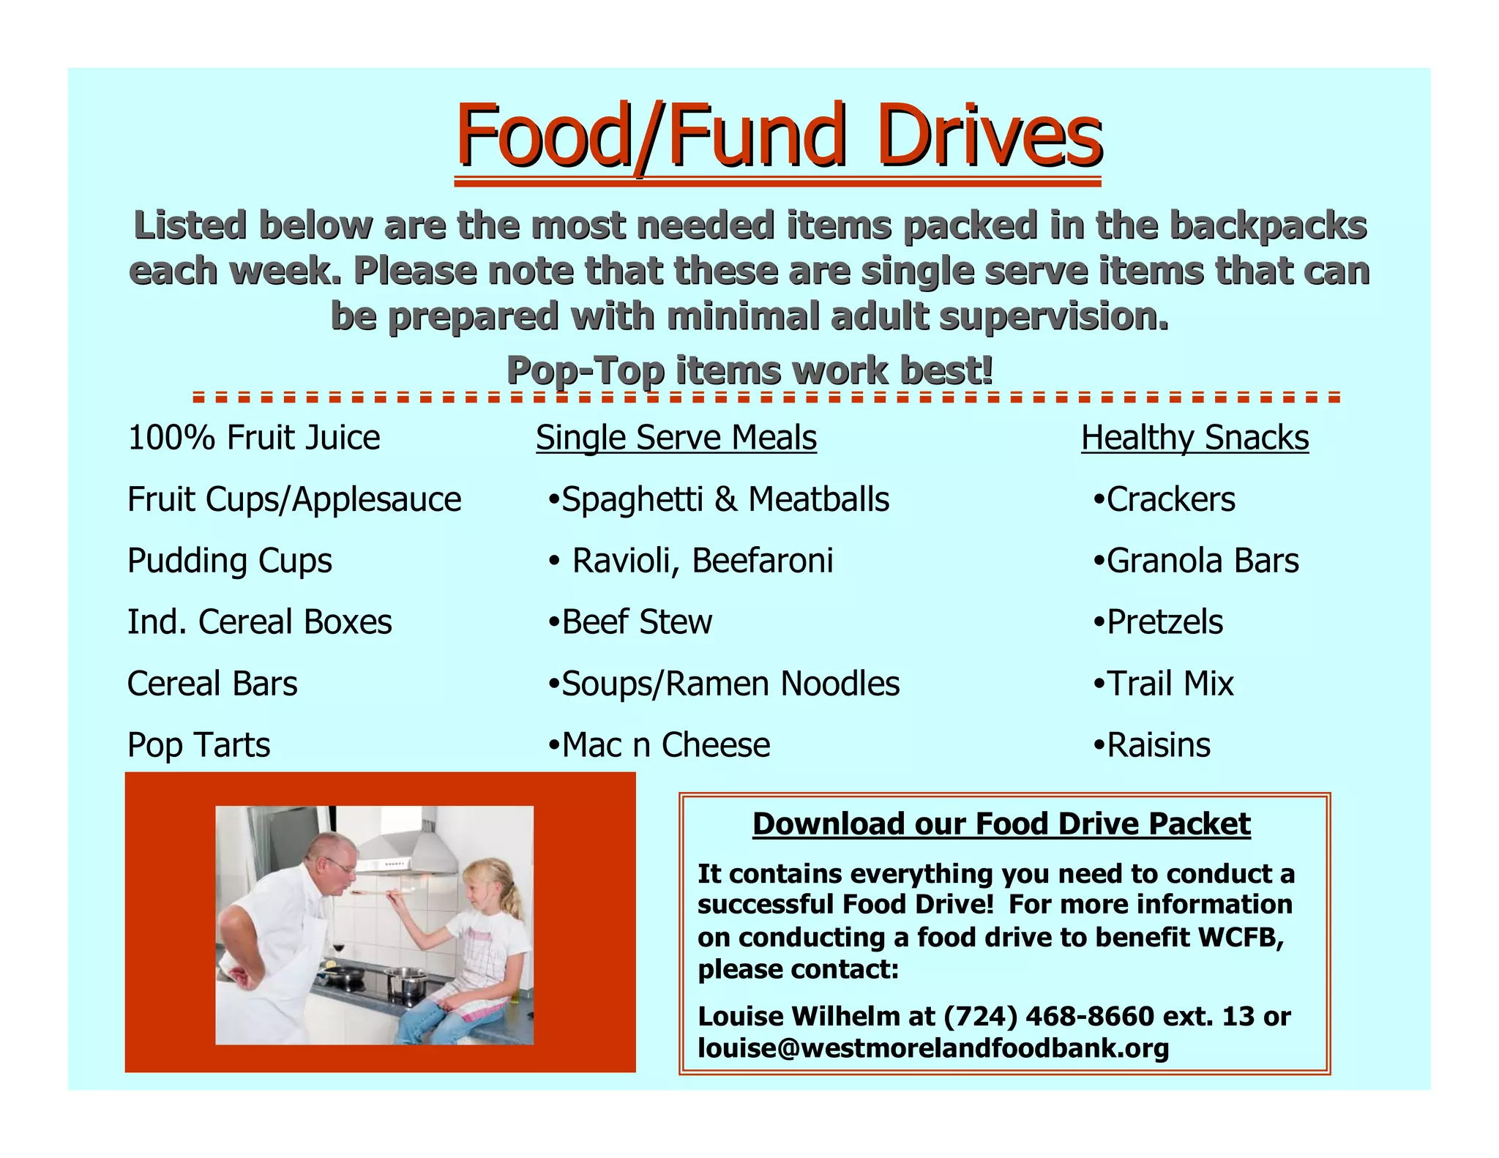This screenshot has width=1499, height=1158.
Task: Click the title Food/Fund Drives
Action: tap(778, 136)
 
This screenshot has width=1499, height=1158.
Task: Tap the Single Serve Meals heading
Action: tap(676, 438)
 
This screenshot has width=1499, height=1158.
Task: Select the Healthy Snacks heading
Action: tap(1195, 438)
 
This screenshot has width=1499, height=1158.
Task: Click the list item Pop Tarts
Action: tap(198, 745)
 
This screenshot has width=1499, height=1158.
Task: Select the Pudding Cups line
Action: tap(229, 561)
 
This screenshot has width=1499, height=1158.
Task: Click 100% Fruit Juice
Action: tap(253, 438)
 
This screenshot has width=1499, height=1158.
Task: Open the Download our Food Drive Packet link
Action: tap(1001, 823)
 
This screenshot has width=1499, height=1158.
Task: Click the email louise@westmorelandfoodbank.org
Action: tap(932, 1048)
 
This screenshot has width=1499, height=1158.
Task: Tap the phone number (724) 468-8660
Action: tap(1048, 1016)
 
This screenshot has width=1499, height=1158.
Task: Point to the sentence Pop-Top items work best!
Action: tap(749, 370)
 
